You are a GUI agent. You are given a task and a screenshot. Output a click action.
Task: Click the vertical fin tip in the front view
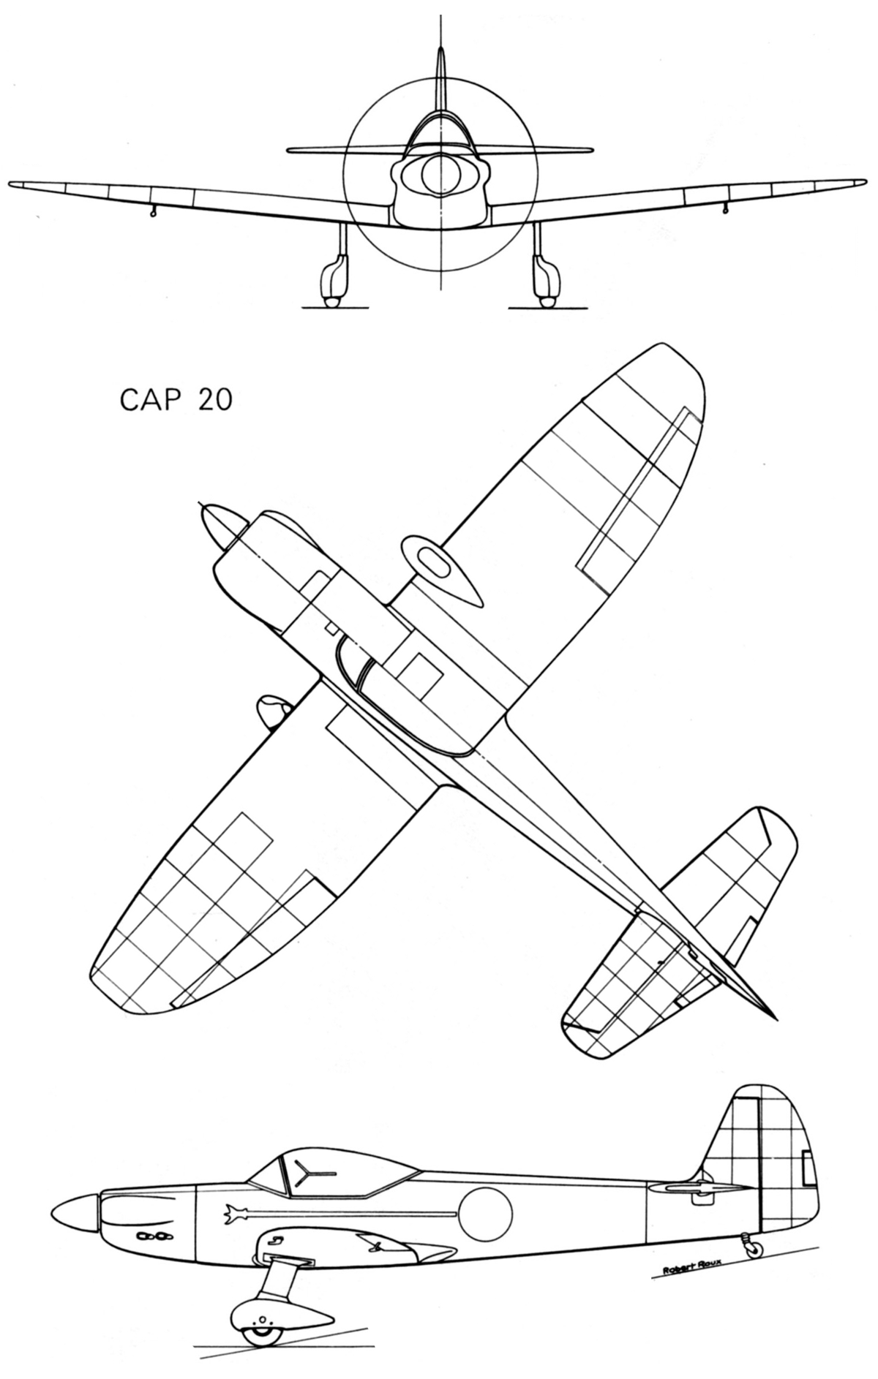[440, 58]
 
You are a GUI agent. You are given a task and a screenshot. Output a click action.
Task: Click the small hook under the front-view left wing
[153, 211]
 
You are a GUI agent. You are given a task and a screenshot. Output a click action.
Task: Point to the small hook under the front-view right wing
[725, 210]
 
